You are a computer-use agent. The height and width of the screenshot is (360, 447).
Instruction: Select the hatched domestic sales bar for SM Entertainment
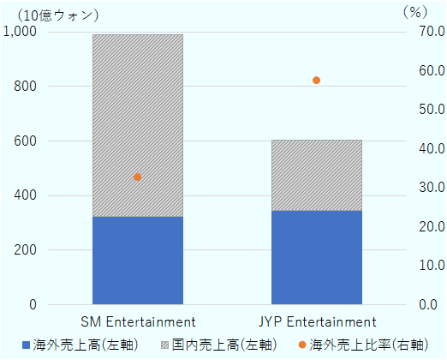click(137, 125)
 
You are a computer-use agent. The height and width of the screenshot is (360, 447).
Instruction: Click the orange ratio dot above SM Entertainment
click(137, 177)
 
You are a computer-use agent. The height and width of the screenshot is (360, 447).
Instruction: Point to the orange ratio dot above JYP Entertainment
click(316, 81)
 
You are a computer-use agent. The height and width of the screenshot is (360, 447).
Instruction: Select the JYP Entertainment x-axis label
click(317, 322)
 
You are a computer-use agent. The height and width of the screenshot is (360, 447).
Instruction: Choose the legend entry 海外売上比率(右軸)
click(367, 345)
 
